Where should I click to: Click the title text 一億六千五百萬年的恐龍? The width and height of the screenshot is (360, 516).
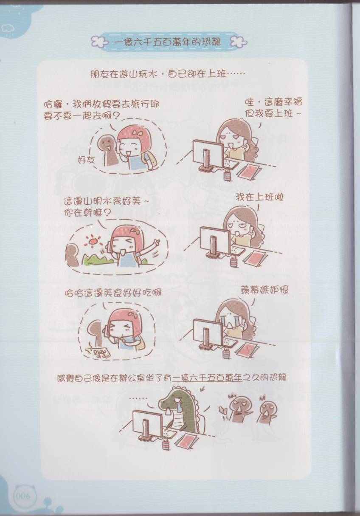click(167, 42)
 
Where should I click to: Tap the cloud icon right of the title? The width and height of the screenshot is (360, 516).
click(239, 42)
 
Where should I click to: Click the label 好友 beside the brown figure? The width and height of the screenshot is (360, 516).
click(86, 159)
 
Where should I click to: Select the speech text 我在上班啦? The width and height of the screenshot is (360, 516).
click(259, 197)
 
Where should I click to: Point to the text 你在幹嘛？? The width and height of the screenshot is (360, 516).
click(87, 214)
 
